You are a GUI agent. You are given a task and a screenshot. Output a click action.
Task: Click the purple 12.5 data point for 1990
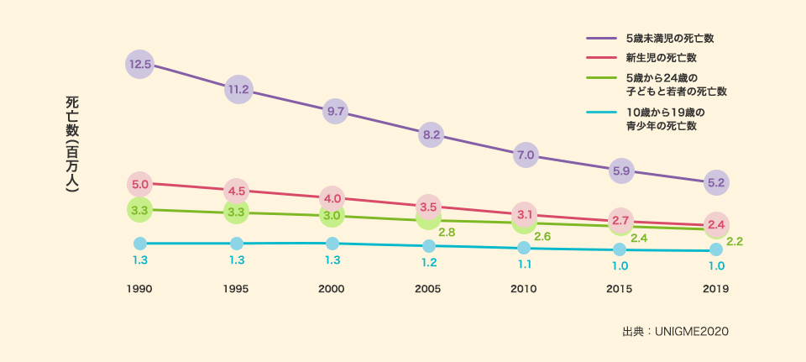(140, 64)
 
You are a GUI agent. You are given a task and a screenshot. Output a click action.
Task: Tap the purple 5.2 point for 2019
(716, 182)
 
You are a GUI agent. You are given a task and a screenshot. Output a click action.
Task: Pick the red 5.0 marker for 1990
(140, 184)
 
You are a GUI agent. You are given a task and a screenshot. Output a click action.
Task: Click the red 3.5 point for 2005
(428, 206)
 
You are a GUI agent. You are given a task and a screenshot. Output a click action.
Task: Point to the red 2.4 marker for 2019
(716, 224)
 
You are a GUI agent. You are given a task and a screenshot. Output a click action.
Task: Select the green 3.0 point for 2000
(332, 216)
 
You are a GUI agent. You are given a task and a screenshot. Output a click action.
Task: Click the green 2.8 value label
(447, 231)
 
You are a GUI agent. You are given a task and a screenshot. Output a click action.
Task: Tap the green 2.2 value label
(735, 241)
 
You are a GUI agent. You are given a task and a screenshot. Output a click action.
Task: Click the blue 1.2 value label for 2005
(428, 263)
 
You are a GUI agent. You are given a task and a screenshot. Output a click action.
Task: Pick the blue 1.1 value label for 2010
(525, 265)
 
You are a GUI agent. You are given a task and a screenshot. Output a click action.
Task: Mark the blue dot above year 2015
(620, 249)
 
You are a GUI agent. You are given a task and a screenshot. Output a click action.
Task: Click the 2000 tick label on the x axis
(332, 288)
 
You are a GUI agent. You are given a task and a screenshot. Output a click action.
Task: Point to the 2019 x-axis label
(715, 288)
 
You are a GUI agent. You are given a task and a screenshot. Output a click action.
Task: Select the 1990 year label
(139, 288)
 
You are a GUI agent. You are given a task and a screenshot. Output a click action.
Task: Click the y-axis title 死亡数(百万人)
(72, 144)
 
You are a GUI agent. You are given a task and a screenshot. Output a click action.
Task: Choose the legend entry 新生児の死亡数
(662, 58)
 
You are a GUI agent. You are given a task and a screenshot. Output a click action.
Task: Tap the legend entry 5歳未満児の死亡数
(669, 39)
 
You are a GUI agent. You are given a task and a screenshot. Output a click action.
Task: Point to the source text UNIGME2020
(693, 332)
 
